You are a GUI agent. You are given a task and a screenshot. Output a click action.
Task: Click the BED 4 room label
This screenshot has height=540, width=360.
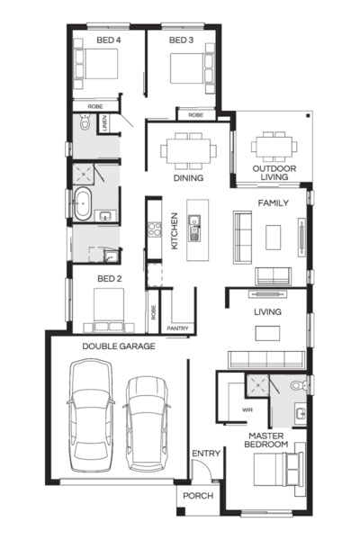[x=108, y=40]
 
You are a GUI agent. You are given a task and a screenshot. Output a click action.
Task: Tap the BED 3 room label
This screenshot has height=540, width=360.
[x=182, y=40]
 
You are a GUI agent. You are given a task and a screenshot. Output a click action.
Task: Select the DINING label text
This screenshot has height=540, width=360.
[x=188, y=178]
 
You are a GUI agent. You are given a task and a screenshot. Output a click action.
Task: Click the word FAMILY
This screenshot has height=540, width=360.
[x=273, y=203]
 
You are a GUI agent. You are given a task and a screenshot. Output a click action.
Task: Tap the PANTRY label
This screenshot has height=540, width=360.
[x=177, y=328]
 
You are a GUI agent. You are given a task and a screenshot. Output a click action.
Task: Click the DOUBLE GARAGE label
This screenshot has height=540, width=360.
[x=119, y=346]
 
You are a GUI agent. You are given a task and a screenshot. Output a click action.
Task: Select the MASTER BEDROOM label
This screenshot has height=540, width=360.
[x=268, y=440]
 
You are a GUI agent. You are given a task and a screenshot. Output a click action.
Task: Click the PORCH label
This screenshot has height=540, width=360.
[x=197, y=496]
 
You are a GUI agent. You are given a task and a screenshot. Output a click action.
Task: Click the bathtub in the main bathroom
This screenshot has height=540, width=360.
[x=82, y=204]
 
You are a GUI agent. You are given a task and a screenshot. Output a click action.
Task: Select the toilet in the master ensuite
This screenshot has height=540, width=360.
[x=306, y=386]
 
